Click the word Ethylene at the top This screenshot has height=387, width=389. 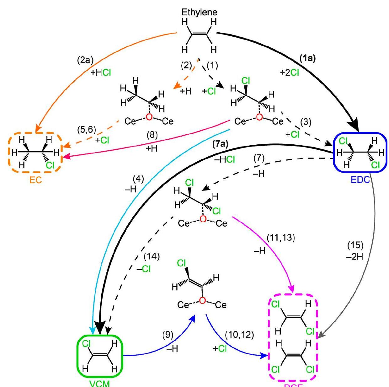click(x=200, y=12)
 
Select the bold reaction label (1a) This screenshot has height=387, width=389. click(x=307, y=58)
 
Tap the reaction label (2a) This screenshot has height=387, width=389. click(x=85, y=60)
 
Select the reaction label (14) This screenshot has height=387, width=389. click(x=152, y=256)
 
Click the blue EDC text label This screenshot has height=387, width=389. click(x=360, y=180)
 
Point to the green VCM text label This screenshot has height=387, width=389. click(x=100, y=383)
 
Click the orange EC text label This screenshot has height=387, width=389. click(x=36, y=181)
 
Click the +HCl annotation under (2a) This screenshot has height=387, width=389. click(x=101, y=73)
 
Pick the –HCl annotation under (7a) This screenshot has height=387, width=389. click(x=224, y=159)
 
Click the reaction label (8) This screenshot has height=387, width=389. click(x=152, y=135)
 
